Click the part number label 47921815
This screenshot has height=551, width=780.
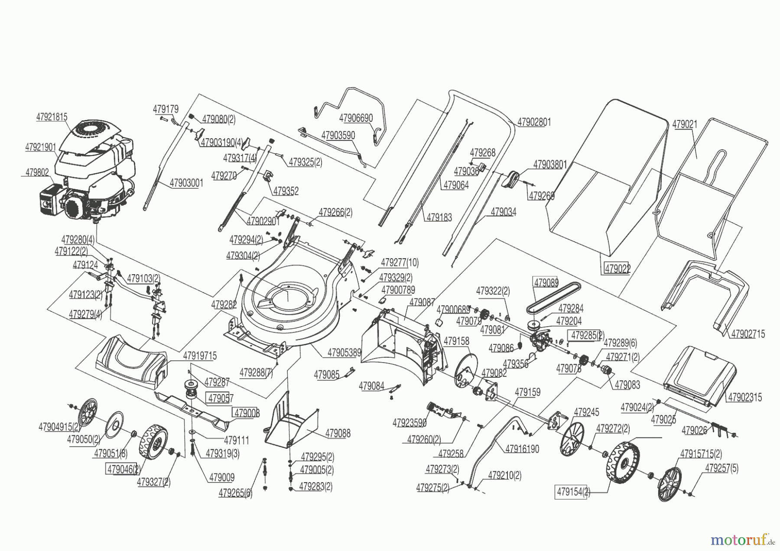click(52, 117)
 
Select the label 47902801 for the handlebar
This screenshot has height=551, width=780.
click(534, 122)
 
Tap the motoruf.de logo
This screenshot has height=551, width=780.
click(741, 539)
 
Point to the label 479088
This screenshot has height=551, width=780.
click(338, 434)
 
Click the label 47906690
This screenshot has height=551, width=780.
click(356, 118)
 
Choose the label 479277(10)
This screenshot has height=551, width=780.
click(400, 263)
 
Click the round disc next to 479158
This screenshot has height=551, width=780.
click(466, 372)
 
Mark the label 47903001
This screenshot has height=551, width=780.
click(186, 183)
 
